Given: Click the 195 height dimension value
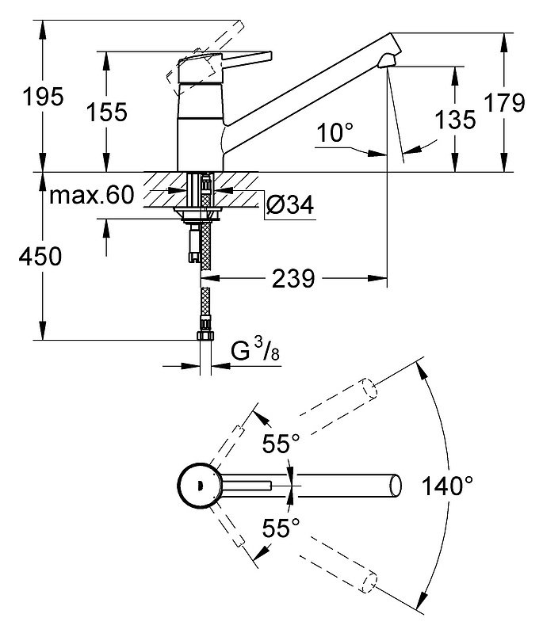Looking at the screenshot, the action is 44,97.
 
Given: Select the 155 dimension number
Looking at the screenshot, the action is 107,112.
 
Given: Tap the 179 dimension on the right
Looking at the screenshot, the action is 505,102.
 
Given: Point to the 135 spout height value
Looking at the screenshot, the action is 455,120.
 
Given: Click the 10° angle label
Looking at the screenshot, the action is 335,132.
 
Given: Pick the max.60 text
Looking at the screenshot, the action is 91,196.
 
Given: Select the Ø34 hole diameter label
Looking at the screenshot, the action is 289,204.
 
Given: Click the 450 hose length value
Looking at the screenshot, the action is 40,257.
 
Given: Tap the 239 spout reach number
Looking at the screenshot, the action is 293,279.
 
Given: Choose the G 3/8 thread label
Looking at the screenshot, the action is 255,349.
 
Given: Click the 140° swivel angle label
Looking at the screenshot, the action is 447,486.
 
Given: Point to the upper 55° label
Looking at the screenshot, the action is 281,444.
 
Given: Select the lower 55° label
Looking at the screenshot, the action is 281,528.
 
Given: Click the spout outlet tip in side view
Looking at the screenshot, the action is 387,62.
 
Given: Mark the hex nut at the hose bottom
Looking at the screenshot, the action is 205,335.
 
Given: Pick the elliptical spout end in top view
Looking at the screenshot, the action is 396,485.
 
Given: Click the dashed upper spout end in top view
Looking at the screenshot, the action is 369,389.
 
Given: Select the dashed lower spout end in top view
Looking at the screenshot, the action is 369,582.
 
